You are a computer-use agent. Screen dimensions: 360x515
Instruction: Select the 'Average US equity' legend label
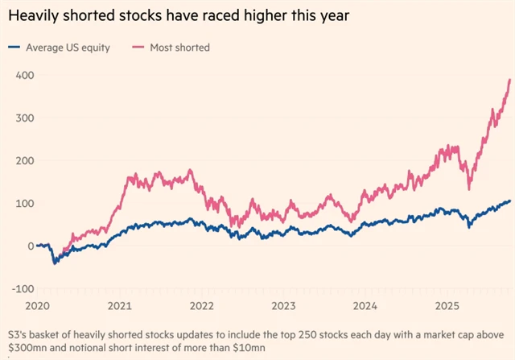pos(70,48)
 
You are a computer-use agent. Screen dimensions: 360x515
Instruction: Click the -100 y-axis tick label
pos(21,288)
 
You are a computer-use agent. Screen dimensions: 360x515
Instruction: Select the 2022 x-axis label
pos(201,306)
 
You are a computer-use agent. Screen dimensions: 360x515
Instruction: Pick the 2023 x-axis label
pos(283,306)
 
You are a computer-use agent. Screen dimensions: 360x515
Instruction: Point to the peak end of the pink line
pos(509,80)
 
